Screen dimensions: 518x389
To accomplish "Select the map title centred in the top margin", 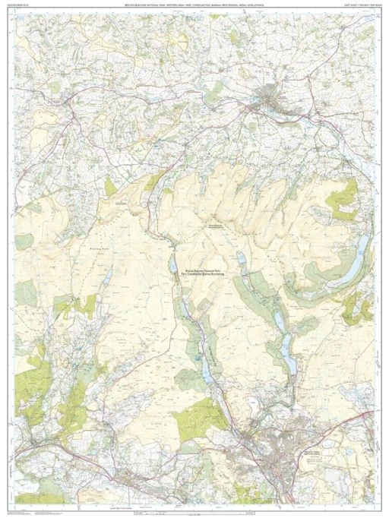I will click(194, 5).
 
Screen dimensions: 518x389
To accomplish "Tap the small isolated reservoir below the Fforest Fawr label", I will click(109, 274).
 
